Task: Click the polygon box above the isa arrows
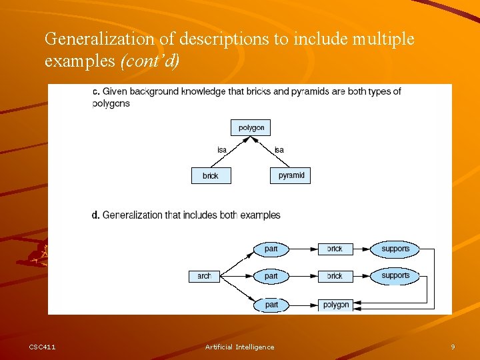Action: click(251, 127)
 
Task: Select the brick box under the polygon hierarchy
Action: click(211, 175)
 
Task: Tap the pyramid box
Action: click(291, 175)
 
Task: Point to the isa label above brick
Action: click(221, 150)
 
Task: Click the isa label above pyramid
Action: click(279, 150)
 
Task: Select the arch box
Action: click(204, 276)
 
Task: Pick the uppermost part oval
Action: click(271, 249)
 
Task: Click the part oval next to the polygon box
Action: click(271, 305)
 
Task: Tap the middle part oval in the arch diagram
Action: click(271, 276)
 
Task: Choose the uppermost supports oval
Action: click(395, 249)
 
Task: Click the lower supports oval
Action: click(395, 275)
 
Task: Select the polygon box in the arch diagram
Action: click(335, 305)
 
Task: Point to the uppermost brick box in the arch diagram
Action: click(335, 249)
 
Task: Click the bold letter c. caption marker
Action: click(96, 91)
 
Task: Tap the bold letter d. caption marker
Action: click(96, 215)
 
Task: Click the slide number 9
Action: click(453, 347)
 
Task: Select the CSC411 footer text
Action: click(43, 347)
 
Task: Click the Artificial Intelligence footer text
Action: click(239, 347)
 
